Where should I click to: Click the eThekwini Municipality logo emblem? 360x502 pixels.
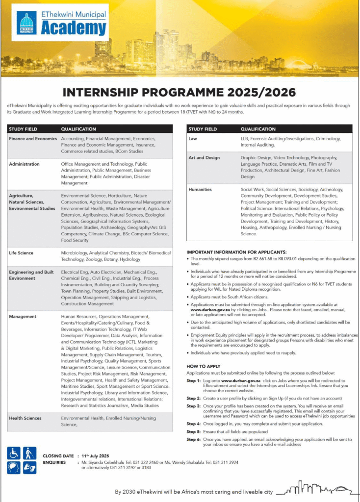tap(26, 23)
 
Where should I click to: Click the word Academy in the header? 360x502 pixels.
tap(74, 28)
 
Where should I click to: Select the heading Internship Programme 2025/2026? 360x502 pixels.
tap(180, 92)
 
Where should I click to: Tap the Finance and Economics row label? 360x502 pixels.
tap(33, 139)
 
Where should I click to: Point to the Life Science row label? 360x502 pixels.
tap(21, 253)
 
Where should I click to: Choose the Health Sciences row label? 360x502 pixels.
tap(25, 418)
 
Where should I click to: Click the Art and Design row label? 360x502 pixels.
tap(204, 158)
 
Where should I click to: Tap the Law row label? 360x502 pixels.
tap(193, 139)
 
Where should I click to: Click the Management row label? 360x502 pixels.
tap(23, 317)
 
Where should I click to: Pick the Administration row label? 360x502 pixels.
tap(25, 164)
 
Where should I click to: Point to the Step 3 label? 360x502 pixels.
tap(194, 406)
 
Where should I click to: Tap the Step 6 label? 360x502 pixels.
tap(194, 440)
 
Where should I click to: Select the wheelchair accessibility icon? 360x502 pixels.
tap(14, 453)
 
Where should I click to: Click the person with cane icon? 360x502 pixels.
tap(29, 453)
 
